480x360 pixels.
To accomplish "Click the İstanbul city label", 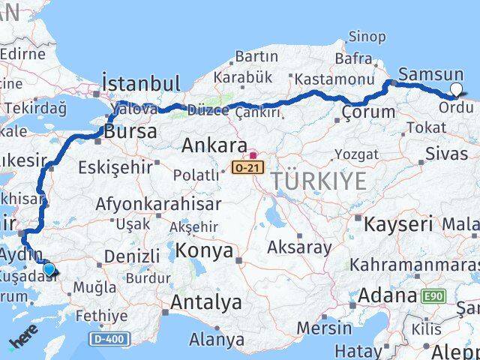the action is tap(141, 82).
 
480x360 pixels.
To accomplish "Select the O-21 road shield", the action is tap(247, 166).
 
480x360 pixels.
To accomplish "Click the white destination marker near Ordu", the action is tap(457, 91).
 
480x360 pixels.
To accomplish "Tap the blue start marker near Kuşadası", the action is tap(49, 268).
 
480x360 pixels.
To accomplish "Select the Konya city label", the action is tap(205, 251).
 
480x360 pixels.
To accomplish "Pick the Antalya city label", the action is tap(206, 303).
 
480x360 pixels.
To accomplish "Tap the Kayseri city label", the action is tap(398, 223).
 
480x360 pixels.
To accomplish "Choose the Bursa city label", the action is tap(131, 132).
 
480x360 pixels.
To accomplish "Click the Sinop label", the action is tap(367, 36).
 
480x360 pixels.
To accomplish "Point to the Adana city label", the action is tap(387, 295).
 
